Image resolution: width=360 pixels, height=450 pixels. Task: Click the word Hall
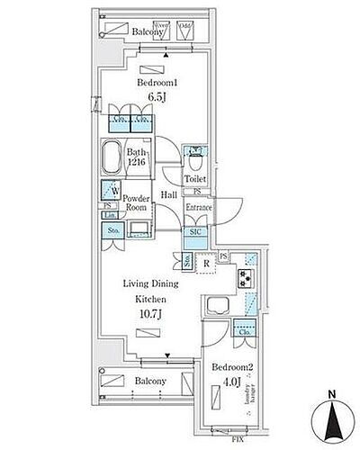[x=168, y=193]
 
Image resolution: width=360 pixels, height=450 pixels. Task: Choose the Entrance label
[x=199, y=208]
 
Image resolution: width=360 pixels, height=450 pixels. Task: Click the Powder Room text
[x=137, y=201]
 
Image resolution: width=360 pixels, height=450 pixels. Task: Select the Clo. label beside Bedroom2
[x=244, y=331]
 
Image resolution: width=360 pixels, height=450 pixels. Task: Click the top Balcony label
[x=147, y=31]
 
